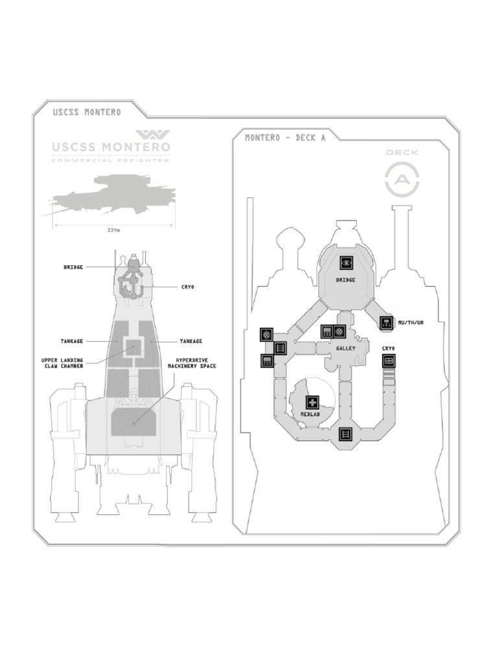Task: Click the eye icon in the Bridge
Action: [x=346, y=263]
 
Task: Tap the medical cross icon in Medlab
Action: [x=313, y=402]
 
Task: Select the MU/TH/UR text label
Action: [x=410, y=322]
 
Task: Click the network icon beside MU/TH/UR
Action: [x=386, y=322]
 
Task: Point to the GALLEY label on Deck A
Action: [x=346, y=348]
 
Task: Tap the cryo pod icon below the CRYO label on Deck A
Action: [x=388, y=361]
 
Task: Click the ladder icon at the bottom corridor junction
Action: [x=346, y=434]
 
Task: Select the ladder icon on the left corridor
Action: [x=280, y=348]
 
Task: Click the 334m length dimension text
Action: [x=113, y=230]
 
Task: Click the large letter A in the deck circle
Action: [x=402, y=178]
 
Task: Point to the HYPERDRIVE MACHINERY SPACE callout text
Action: [x=192, y=362]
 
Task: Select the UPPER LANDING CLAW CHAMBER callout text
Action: [x=63, y=362]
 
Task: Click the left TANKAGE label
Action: [x=72, y=341]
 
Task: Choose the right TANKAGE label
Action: [x=191, y=341]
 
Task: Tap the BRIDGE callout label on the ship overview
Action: [x=73, y=267]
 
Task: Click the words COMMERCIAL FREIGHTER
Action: [x=110, y=160]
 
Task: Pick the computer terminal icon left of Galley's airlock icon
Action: [x=327, y=332]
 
